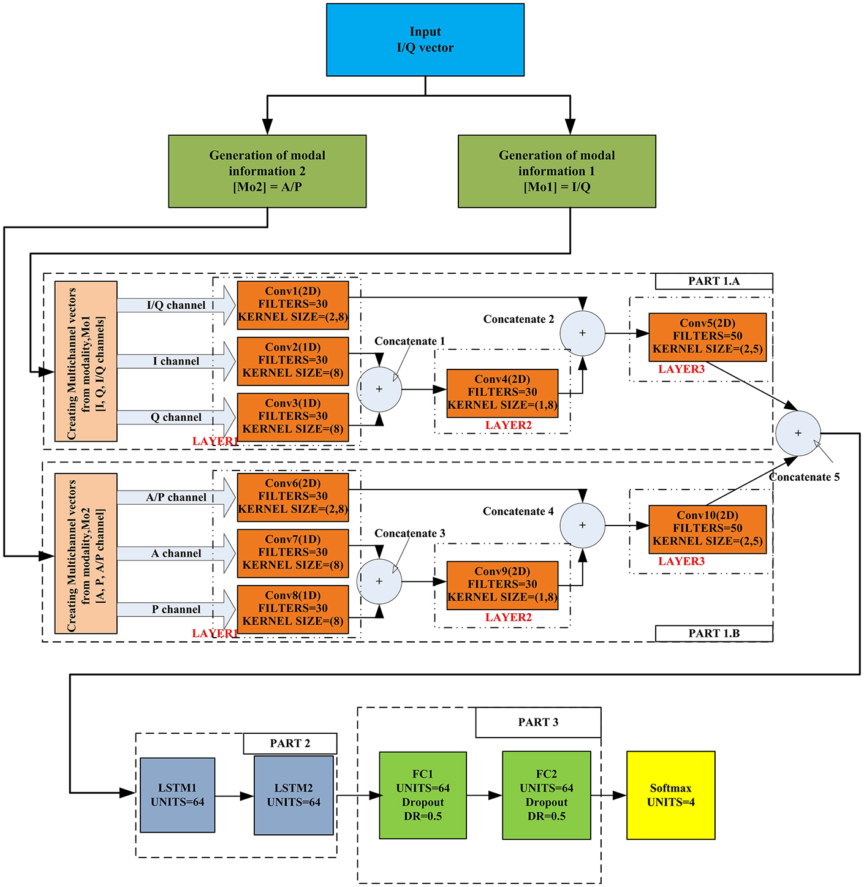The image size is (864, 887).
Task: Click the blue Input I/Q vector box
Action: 425,40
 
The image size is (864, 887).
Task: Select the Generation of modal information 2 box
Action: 267,172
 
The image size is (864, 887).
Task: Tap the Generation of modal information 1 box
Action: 556,172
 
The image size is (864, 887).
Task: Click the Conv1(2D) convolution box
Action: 293,304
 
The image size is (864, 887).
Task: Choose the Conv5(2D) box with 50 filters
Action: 707,336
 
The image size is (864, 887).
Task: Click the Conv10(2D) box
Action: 707,529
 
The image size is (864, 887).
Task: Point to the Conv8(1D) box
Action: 293,608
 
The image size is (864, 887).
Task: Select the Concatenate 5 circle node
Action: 797,432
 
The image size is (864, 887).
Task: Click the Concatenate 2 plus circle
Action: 582,333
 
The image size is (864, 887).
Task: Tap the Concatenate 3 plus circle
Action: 379,581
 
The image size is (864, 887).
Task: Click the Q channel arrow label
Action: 176,418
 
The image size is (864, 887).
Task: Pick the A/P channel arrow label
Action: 176,497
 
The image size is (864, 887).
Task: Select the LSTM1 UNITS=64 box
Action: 177,795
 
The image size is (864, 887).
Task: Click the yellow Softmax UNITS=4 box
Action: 670,795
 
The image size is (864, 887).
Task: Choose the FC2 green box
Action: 546,795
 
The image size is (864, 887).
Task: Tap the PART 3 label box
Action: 538,723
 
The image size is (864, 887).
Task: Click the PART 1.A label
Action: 713,281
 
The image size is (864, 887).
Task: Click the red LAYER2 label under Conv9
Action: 508,617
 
